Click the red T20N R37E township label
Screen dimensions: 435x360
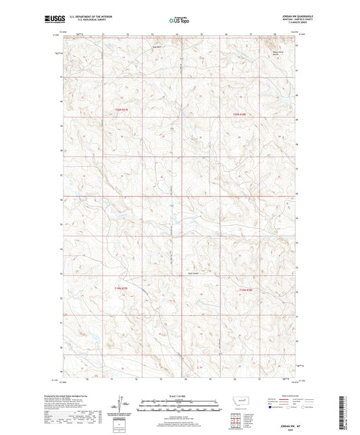(x=120, y=109)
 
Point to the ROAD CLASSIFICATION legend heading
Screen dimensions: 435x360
(x=290, y=396)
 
